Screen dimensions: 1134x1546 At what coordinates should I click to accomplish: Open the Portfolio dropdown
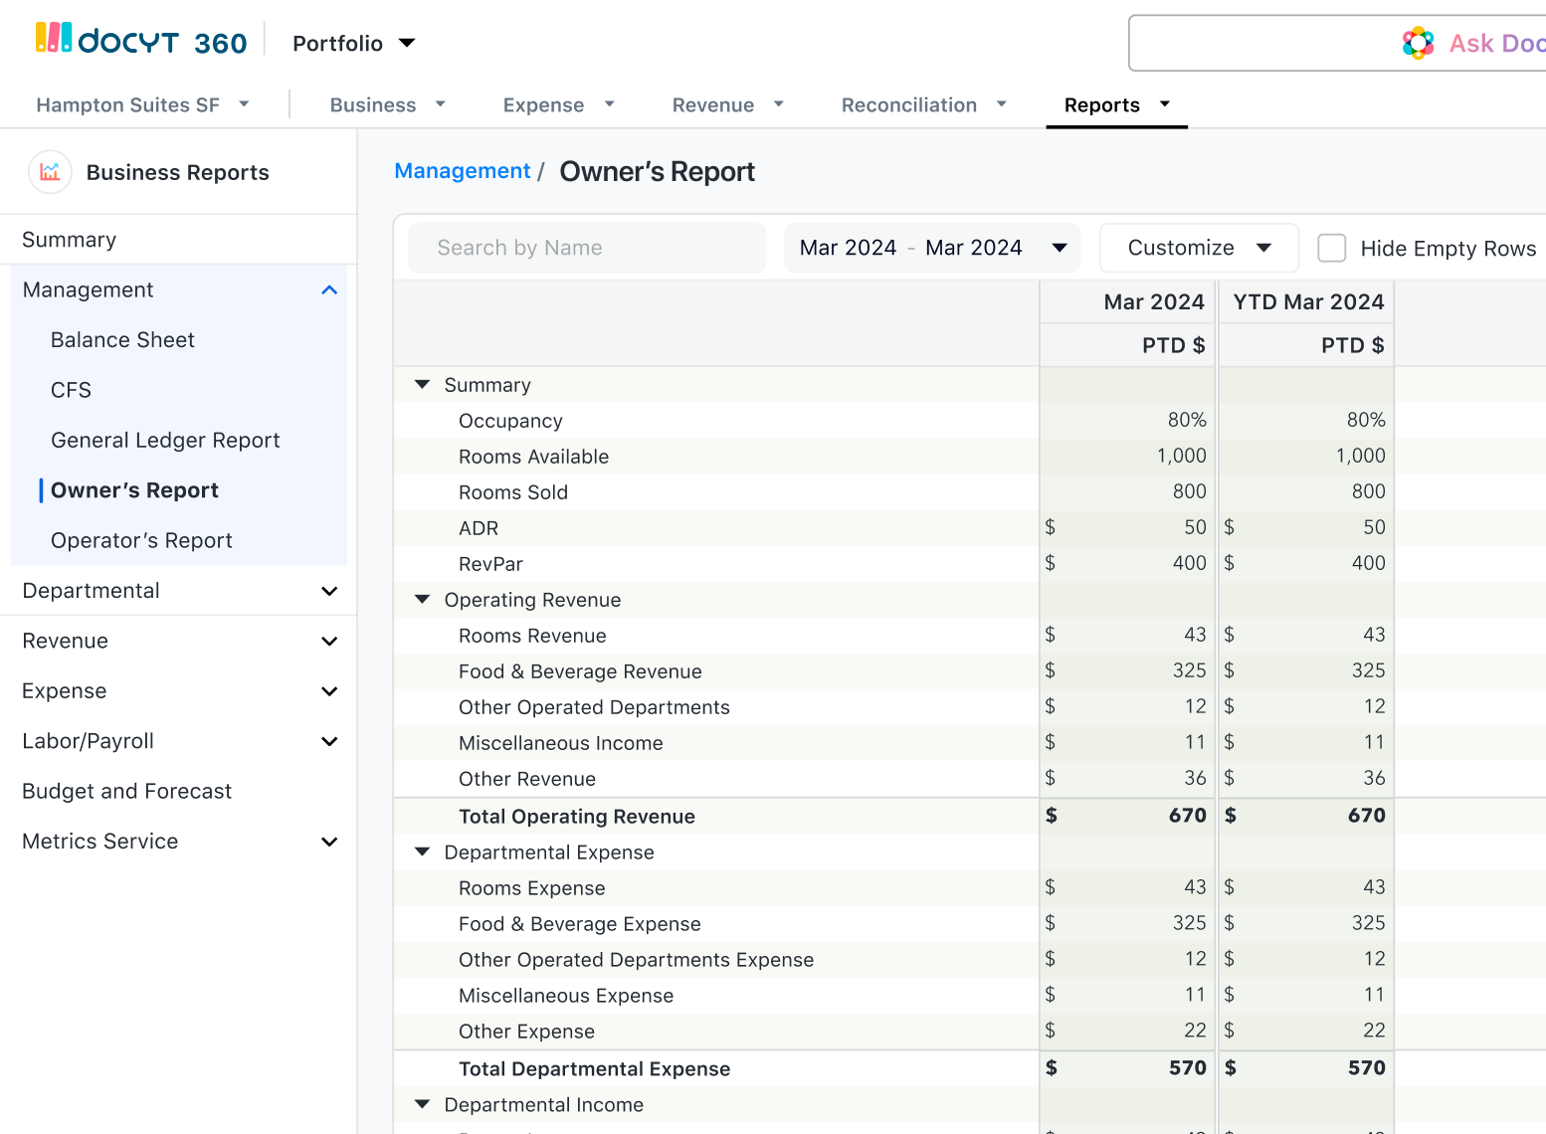click(x=353, y=44)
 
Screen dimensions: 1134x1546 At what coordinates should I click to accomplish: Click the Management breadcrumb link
click(x=462, y=171)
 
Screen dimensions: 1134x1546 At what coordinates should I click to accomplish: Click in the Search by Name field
click(x=587, y=248)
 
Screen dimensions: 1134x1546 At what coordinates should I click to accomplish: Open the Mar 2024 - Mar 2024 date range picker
click(x=932, y=248)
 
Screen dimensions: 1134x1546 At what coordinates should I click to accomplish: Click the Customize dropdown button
click(x=1198, y=248)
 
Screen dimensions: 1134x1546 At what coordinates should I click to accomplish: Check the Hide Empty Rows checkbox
click(x=1331, y=248)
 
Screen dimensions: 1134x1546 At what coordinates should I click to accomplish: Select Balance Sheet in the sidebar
click(x=122, y=340)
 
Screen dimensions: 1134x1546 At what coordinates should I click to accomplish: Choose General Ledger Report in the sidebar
click(x=165, y=441)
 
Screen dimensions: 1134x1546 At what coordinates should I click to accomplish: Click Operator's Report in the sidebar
click(x=141, y=541)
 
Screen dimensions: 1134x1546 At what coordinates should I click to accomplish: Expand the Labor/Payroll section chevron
click(x=329, y=741)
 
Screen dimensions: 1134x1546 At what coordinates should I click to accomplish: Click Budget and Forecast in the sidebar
click(x=126, y=792)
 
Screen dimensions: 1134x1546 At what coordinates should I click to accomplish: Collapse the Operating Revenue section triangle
click(x=422, y=600)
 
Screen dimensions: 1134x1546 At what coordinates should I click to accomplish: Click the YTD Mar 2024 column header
click(x=1307, y=302)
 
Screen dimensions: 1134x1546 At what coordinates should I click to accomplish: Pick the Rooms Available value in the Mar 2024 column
click(x=1181, y=456)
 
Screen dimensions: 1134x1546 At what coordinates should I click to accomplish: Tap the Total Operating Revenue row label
click(x=576, y=817)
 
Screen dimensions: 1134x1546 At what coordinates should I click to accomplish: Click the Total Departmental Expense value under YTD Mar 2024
click(x=1366, y=1068)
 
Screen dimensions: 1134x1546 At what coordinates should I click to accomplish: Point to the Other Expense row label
click(x=526, y=1032)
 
